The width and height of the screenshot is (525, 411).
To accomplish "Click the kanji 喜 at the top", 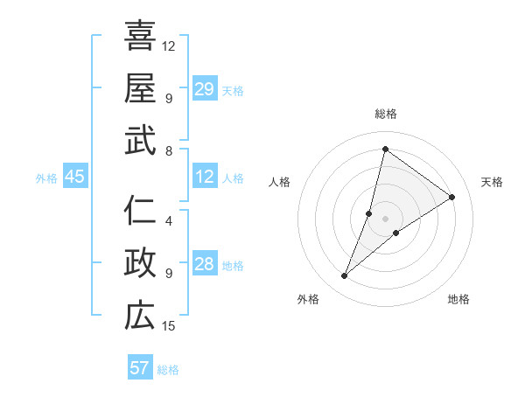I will tap(140, 36).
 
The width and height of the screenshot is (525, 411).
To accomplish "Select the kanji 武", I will tap(140, 141).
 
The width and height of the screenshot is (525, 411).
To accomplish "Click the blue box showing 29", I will tap(205, 89).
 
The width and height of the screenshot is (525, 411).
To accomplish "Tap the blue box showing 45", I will tap(75, 178).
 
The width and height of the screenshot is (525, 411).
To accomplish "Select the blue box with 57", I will tap(140, 368).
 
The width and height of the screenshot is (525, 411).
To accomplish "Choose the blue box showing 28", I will tap(205, 265).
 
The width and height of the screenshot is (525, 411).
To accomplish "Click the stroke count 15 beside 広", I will tap(170, 326).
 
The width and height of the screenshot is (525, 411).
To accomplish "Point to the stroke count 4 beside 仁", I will tap(169, 220).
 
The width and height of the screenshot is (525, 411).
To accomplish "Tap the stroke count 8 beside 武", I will tap(169, 150).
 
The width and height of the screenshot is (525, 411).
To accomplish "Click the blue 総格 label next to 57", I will tap(168, 370).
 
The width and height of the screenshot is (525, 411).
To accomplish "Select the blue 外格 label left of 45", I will tap(46, 178).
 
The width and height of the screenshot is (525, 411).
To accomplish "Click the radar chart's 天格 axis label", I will tap(492, 182).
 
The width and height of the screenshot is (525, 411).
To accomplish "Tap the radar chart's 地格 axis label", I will tap(458, 299).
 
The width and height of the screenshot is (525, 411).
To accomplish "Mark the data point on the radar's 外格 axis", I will tap(345, 276).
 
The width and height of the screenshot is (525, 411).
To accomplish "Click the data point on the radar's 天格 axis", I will tap(452, 197).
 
